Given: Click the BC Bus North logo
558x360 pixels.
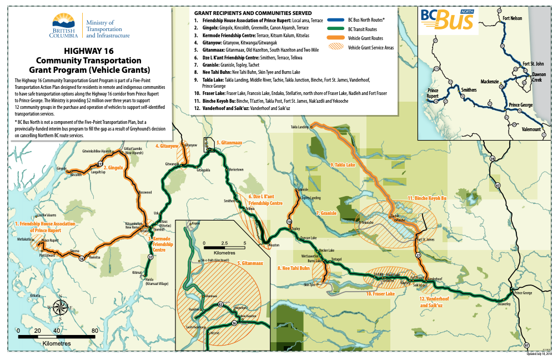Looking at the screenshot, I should coord(448,19).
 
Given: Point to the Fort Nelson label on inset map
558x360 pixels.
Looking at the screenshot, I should coord(512,18).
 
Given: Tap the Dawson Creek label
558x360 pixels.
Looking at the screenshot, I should coord(539,77).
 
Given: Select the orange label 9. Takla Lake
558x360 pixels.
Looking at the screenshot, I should coord(343,164).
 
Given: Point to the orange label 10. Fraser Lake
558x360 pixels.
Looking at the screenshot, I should coord(380,293).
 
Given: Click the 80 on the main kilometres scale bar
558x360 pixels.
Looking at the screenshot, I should coord(94,331).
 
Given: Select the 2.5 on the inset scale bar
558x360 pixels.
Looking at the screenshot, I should coord(224,243).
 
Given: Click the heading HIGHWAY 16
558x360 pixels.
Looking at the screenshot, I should coord(89,51).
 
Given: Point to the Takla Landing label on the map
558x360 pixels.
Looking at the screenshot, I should coord(299,127).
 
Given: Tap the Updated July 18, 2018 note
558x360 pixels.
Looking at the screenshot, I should coord(539,354).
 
